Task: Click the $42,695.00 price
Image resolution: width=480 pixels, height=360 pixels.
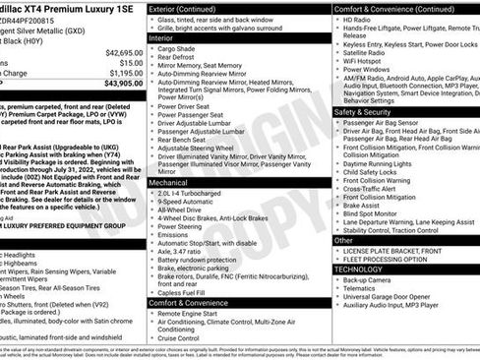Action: click(x=124, y=51)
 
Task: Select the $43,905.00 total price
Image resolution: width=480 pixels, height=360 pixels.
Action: click(x=124, y=85)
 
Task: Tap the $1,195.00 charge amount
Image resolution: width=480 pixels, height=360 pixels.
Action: click(x=126, y=73)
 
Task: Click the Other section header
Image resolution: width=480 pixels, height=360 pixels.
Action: click(x=343, y=240)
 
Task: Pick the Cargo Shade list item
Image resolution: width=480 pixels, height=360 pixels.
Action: click(x=177, y=49)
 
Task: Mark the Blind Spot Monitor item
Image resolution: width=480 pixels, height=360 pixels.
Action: click(x=371, y=213)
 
